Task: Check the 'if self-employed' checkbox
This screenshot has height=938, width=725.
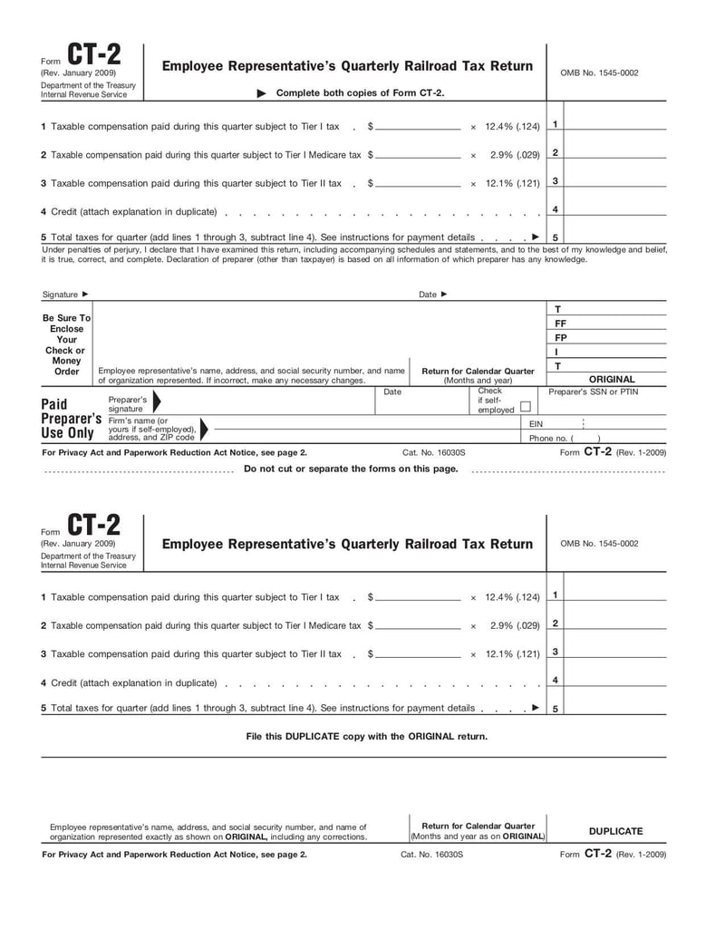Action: pyautogui.click(x=526, y=407)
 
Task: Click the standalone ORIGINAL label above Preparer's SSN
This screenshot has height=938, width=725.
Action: pyautogui.click(x=612, y=380)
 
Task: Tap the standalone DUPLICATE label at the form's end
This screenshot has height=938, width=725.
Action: pyautogui.click(x=615, y=831)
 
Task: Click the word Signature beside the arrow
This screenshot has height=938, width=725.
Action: pyautogui.click(x=61, y=295)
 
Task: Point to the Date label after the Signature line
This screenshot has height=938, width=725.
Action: pyautogui.click(x=428, y=295)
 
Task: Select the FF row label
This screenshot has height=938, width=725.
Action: pyautogui.click(x=560, y=323)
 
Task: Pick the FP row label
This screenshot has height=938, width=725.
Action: pyautogui.click(x=560, y=337)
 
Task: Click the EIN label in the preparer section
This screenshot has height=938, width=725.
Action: pyautogui.click(x=536, y=423)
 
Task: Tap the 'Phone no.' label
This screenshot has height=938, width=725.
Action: pyautogui.click(x=547, y=438)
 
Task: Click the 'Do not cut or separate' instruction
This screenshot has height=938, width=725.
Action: pyautogui.click(x=351, y=469)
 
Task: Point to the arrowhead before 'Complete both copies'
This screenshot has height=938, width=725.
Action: pyautogui.click(x=262, y=93)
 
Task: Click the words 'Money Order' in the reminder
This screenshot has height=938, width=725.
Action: pyautogui.click(x=66, y=366)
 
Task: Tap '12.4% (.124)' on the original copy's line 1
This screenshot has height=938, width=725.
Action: pyautogui.click(x=512, y=127)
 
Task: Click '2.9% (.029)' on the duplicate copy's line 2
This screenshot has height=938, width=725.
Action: pyautogui.click(x=515, y=625)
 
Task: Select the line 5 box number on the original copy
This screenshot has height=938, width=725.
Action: pyautogui.click(x=555, y=238)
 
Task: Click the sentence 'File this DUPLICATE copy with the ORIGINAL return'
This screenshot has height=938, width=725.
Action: pyautogui.click(x=366, y=736)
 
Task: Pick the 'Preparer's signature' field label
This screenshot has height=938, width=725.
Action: pyautogui.click(x=128, y=404)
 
